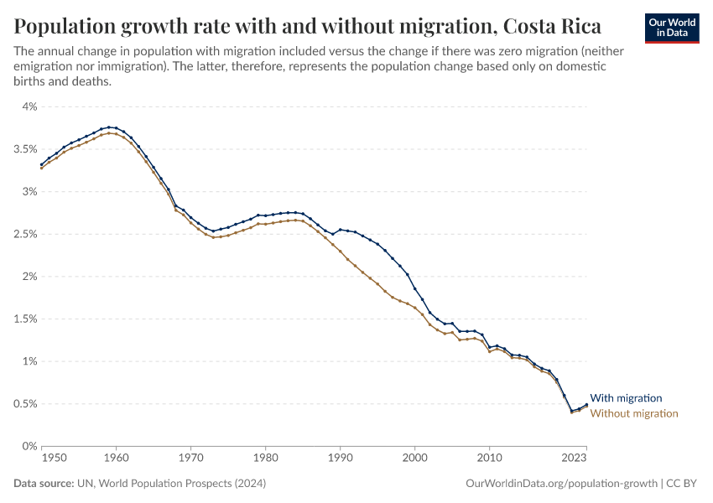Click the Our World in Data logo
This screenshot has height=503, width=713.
pos(672,28)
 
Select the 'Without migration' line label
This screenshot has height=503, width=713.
pos(634,413)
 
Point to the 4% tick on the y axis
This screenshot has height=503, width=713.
pos(29,106)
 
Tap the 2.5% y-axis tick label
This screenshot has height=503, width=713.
pos(26,234)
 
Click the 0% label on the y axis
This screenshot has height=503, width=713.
pos(29,446)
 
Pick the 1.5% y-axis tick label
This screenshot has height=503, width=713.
pos(26,319)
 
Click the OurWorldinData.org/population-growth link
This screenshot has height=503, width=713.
pos(559,484)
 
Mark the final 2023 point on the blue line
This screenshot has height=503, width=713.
pos(586,404)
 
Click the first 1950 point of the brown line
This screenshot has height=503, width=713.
pos(41,168)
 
